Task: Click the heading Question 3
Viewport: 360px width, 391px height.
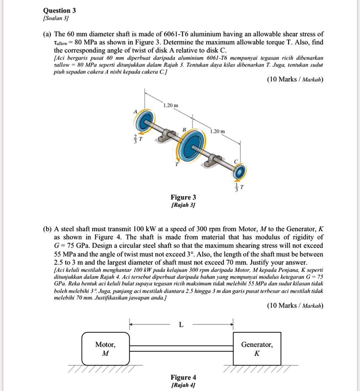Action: [60, 10]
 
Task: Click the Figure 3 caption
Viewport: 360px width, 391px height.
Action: [183, 197]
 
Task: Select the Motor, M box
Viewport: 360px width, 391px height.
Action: [105, 349]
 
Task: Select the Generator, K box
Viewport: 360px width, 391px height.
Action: [257, 349]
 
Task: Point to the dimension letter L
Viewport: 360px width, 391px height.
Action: [181, 325]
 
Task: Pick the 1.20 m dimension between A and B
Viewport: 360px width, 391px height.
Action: [168, 105]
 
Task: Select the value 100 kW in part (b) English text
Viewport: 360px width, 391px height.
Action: [130, 229]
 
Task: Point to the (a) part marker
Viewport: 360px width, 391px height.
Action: [47, 34]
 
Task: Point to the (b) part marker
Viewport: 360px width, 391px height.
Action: [47, 229]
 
